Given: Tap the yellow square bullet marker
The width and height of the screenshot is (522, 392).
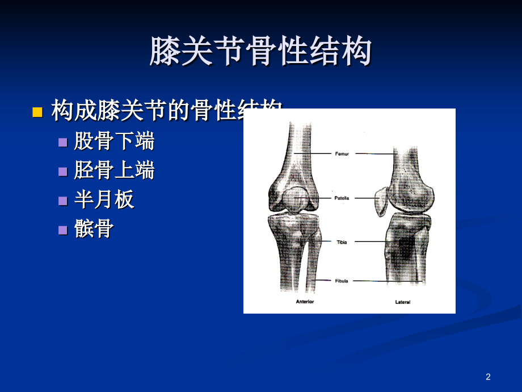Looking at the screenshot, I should pyautogui.click(x=37, y=111).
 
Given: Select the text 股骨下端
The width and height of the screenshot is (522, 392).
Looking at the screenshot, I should pyautogui.click(x=114, y=141).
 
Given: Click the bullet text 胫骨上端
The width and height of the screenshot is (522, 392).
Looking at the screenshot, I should pyautogui.click(x=114, y=170).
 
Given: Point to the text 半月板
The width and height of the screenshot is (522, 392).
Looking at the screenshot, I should pyautogui.click(x=104, y=199).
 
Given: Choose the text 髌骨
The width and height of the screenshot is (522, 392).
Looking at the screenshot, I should pyautogui.click(x=94, y=229).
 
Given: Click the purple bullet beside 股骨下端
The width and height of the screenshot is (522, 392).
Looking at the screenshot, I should pyautogui.click(x=63, y=142).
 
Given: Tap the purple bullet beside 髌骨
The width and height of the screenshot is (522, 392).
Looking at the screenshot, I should pyautogui.click(x=63, y=230).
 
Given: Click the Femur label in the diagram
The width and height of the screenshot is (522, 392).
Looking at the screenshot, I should pyautogui.click(x=342, y=153).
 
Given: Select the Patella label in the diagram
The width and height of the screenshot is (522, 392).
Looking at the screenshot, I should pyautogui.click(x=342, y=198).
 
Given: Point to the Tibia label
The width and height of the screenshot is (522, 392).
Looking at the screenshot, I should pyautogui.click(x=342, y=242).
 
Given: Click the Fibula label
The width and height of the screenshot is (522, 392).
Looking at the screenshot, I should pyautogui.click(x=342, y=281).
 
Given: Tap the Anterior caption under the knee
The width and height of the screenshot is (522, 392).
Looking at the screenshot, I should pyautogui.click(x=305, y=302).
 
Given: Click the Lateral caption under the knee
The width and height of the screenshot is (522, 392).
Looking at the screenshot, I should pyautogui.click(x=403, y=302).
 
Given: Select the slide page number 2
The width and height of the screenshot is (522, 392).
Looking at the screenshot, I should pyautogui.click(x=488, y=377).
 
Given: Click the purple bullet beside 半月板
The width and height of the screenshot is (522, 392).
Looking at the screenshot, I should pyautogui.click(x=63, y=200).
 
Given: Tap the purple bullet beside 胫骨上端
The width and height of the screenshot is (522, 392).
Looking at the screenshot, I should pyautogui.click(x=63, y=171).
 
